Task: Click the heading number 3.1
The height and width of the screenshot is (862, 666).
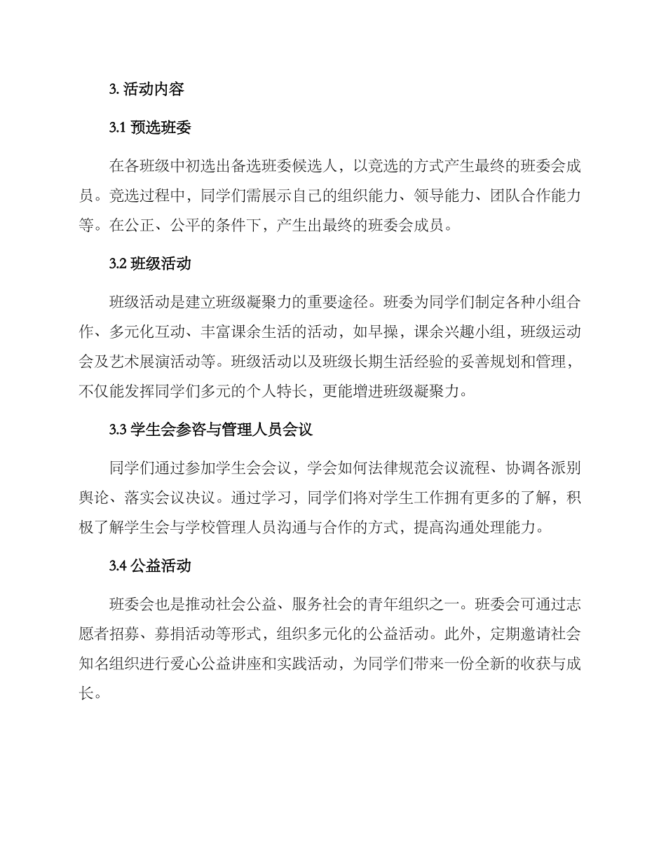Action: click(x=117, y=128)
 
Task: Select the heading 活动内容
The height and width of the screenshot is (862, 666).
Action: click(x=153, y=90)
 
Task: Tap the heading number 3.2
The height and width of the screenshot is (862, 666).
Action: click(x=118, y=264)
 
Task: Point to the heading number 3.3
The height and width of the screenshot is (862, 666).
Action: click(x=118, y=430)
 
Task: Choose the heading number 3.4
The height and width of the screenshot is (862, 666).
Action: click(x=118, y=566)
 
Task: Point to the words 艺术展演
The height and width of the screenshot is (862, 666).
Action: click(x=167, y=362)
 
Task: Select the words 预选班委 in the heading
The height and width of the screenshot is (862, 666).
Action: click(x=161, y=128)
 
